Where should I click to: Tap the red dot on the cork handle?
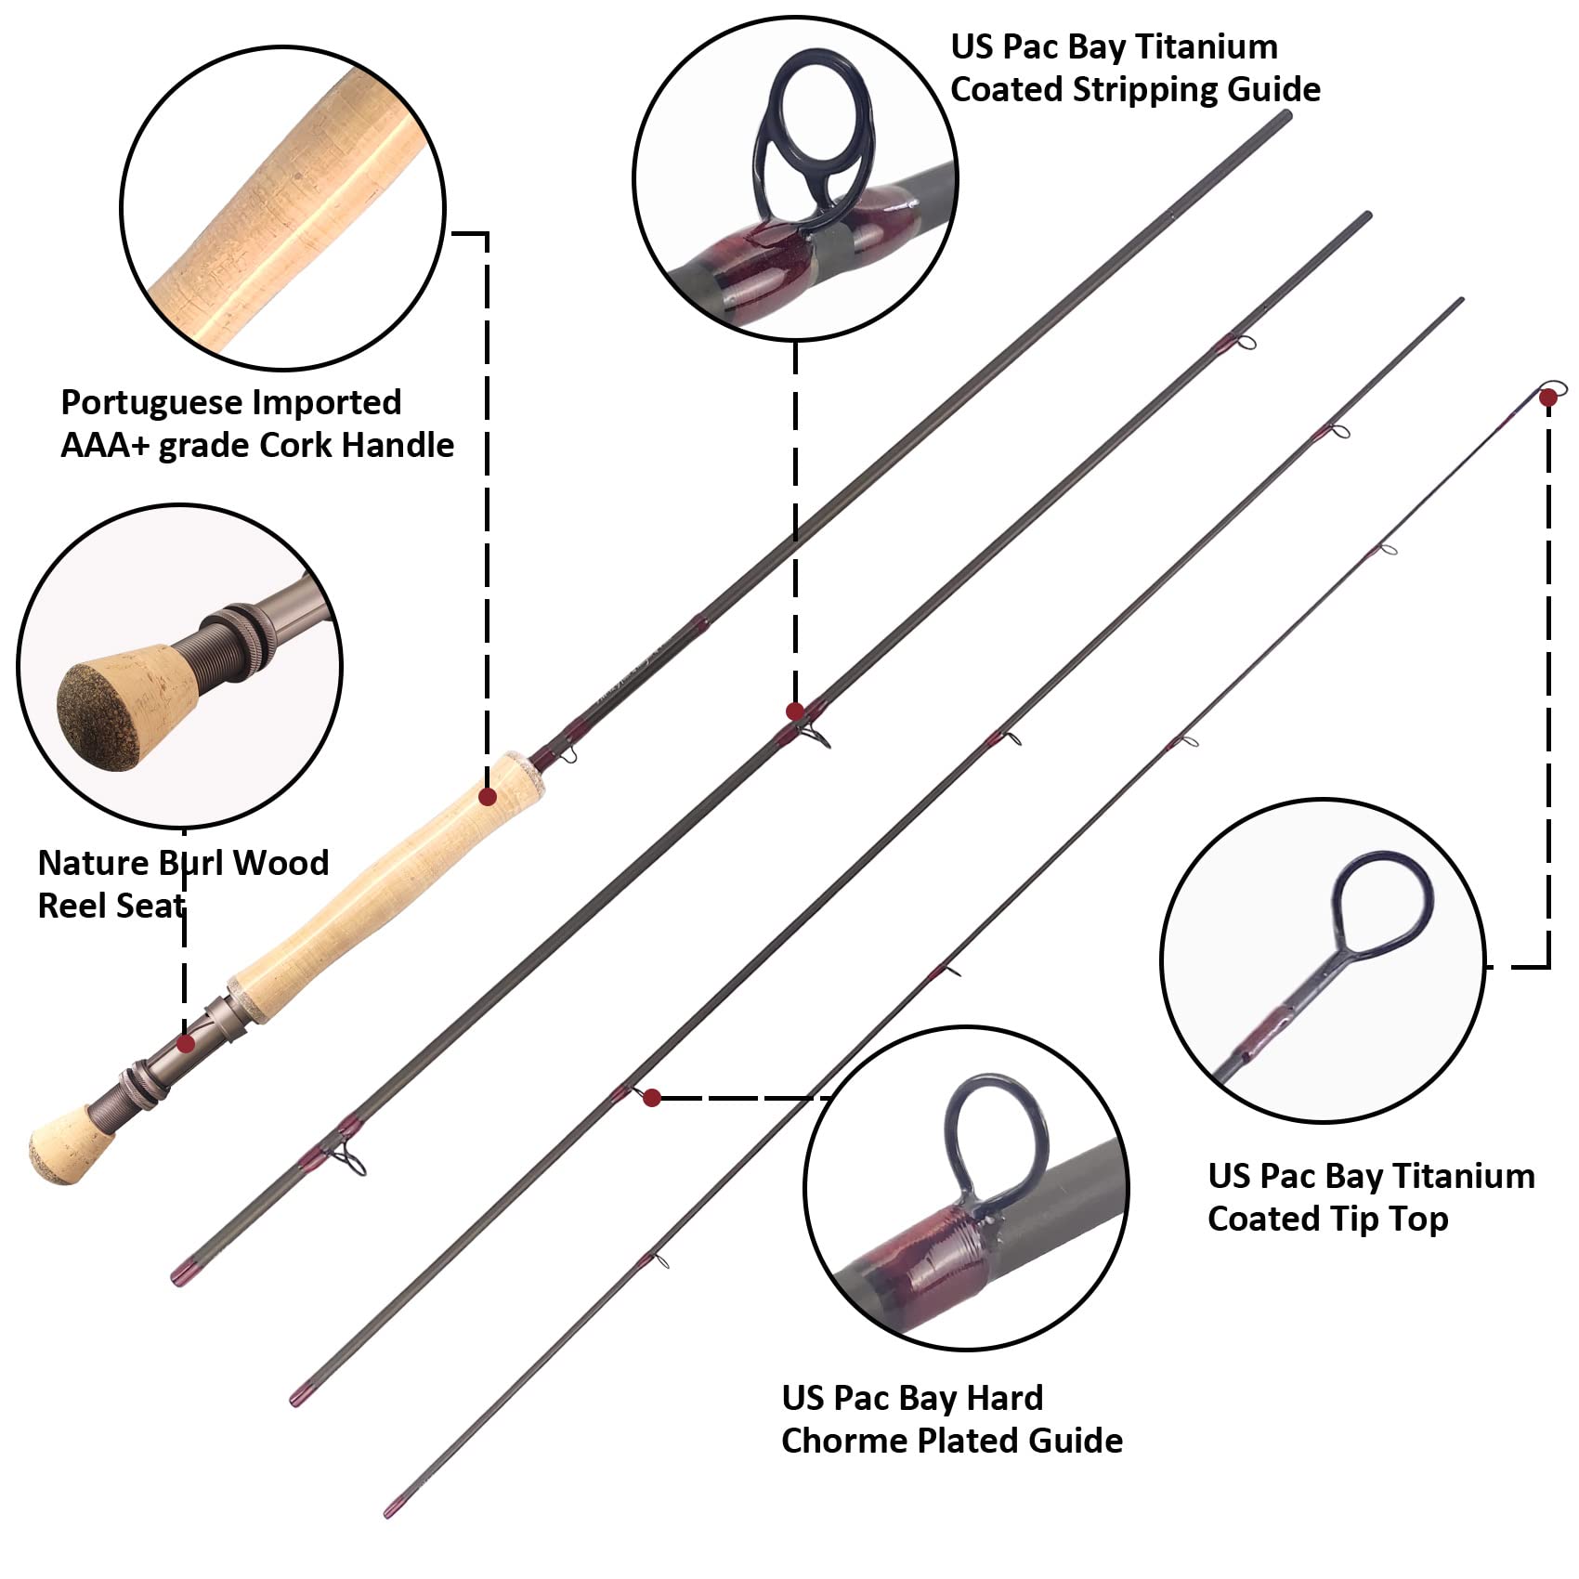488,796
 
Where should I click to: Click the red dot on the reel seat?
186,1044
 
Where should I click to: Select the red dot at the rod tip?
1547,398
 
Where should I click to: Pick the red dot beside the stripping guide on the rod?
795,711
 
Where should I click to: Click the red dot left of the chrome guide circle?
652,1098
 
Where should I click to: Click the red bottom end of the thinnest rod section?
391,1510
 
